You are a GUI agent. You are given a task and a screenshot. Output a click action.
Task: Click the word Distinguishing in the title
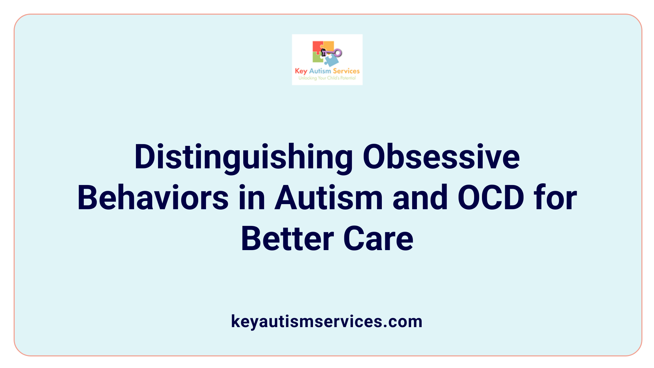[x=244, y=157]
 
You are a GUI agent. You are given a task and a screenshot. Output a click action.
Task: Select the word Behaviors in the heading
[x=153, y=198]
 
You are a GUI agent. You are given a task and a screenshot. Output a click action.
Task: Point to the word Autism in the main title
[x=329, y=198]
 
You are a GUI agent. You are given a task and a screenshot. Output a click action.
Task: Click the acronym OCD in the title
[x=490, y=198]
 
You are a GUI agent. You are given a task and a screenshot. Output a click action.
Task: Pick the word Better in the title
[x=287, y=239]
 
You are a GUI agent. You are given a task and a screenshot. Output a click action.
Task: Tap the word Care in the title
[x=378, y=239]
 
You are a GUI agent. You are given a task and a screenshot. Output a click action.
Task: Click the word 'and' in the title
[x=420, y=198]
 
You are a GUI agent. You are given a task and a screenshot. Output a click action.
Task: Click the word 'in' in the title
[x=252, y=198]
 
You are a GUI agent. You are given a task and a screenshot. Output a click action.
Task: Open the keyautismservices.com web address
[x=327, y=321]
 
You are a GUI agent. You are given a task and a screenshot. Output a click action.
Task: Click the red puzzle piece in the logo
[x=317, y=47]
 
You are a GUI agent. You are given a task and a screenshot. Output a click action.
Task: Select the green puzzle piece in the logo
[x=317, y=58]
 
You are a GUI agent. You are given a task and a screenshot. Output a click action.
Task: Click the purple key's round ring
[x=338, y=52]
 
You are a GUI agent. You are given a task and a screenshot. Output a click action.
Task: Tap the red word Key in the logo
[x=301, y=71]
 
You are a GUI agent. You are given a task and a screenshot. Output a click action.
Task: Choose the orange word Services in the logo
[x=346, y=71]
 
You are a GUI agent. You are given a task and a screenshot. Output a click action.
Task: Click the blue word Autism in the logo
[x=320, y=71]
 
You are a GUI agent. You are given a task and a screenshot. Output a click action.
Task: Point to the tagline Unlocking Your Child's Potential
[x=327, y=78]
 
